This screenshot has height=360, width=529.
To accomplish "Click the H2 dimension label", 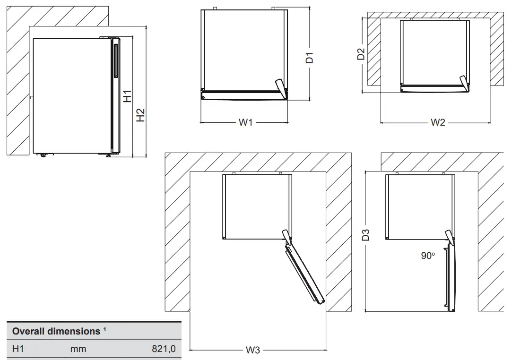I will pos(141,115).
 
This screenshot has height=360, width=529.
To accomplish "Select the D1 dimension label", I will pos(310,58).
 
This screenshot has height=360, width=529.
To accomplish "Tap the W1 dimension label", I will pos(245,123).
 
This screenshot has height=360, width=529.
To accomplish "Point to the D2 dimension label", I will pos(361,53).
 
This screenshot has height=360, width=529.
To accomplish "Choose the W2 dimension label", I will pos(438,123).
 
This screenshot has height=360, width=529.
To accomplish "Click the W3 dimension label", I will pos(253,350).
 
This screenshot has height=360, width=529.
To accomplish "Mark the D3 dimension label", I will pos(366,235).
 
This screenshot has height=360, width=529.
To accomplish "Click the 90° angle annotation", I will pos(428,256).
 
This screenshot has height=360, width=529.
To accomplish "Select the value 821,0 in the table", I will pos(164,349).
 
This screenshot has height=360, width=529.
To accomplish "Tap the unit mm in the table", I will pos(78,349).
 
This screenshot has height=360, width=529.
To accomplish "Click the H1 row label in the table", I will pos(18,349).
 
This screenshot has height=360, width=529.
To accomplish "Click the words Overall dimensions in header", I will pos(56,331).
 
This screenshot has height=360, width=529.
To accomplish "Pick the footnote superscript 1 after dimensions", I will pos(104,329).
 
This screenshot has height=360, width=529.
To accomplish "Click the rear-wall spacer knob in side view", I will pos(31,98).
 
